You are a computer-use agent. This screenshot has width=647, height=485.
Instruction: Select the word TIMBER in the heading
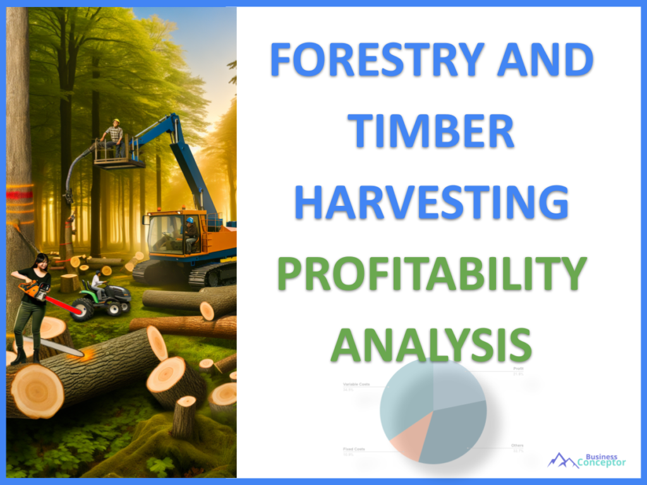click(x=433, y=131)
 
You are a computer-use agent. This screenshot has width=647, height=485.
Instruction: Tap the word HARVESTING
click(x=432, y=201)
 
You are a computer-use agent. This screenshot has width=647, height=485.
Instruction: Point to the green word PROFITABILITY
click(x=432, y=273)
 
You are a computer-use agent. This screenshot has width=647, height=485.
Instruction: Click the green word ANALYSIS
click(x=432, y=344)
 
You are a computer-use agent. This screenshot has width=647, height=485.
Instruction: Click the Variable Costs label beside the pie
click(x=356, y=384)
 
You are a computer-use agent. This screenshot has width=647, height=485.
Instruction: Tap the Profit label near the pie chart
click(x=519, y=369)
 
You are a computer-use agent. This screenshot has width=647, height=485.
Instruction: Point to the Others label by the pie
click(x=517, y=446)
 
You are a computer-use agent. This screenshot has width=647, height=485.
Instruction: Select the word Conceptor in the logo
click(x=602, y=463)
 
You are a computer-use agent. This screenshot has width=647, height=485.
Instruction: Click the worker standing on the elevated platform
click(x=114, y=135)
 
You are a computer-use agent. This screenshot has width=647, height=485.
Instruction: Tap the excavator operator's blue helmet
click(x=190, y=220)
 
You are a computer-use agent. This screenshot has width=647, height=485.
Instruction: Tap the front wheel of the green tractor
click(x=82, y=311)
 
